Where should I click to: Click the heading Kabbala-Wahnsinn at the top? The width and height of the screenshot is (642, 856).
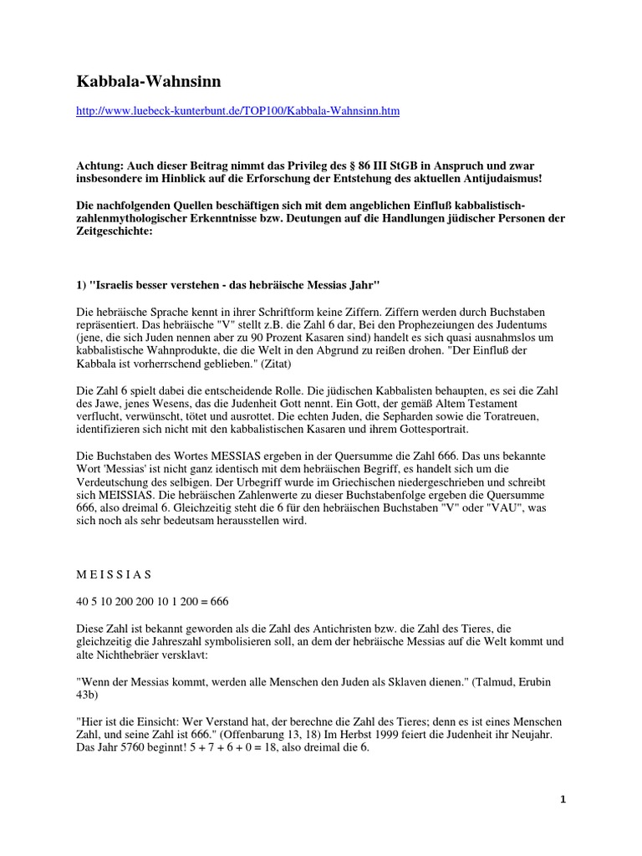(149, 81)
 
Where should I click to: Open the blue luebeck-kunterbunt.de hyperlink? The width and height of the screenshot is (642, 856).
(237, 111)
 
